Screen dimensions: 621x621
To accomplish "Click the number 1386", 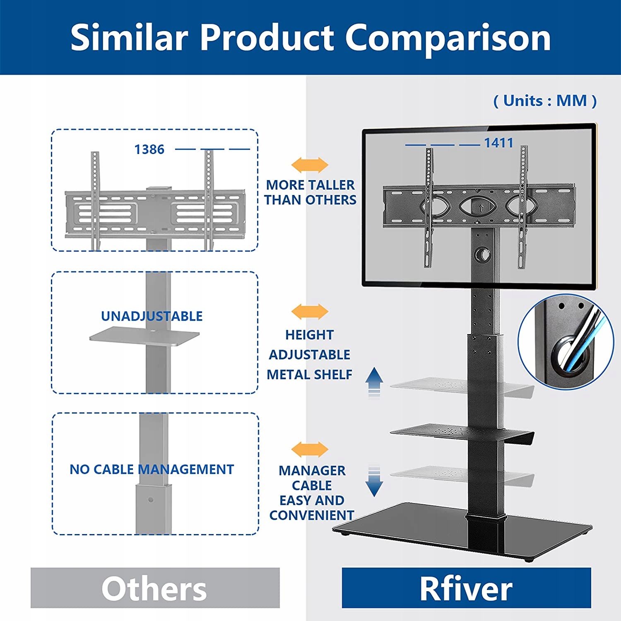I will tap(149, 149).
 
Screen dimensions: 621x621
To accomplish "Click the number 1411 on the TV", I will tap(498, 143).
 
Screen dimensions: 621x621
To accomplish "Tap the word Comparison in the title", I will tap(448, 37).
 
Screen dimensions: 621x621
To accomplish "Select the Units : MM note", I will tap(545, 101).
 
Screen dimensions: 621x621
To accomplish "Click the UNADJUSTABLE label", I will tap(152, 316).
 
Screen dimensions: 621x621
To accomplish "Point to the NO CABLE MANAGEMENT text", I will tap(152, 469).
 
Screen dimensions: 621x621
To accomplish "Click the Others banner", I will tap(155, 588).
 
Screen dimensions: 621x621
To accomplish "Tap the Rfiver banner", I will tap(466, 588).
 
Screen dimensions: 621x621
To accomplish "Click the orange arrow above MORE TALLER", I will tap(310, 165).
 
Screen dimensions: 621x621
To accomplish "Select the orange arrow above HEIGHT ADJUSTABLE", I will tap(310, 311).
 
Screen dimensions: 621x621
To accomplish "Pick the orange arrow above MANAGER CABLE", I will tap(310, 449).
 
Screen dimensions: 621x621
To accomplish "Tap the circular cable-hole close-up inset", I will tap(566, 342).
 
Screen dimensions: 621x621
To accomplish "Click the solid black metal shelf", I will tap(447, 431).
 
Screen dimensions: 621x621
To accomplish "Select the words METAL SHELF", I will tap(309, 374).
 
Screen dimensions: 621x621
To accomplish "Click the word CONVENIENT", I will tap(311, 515).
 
